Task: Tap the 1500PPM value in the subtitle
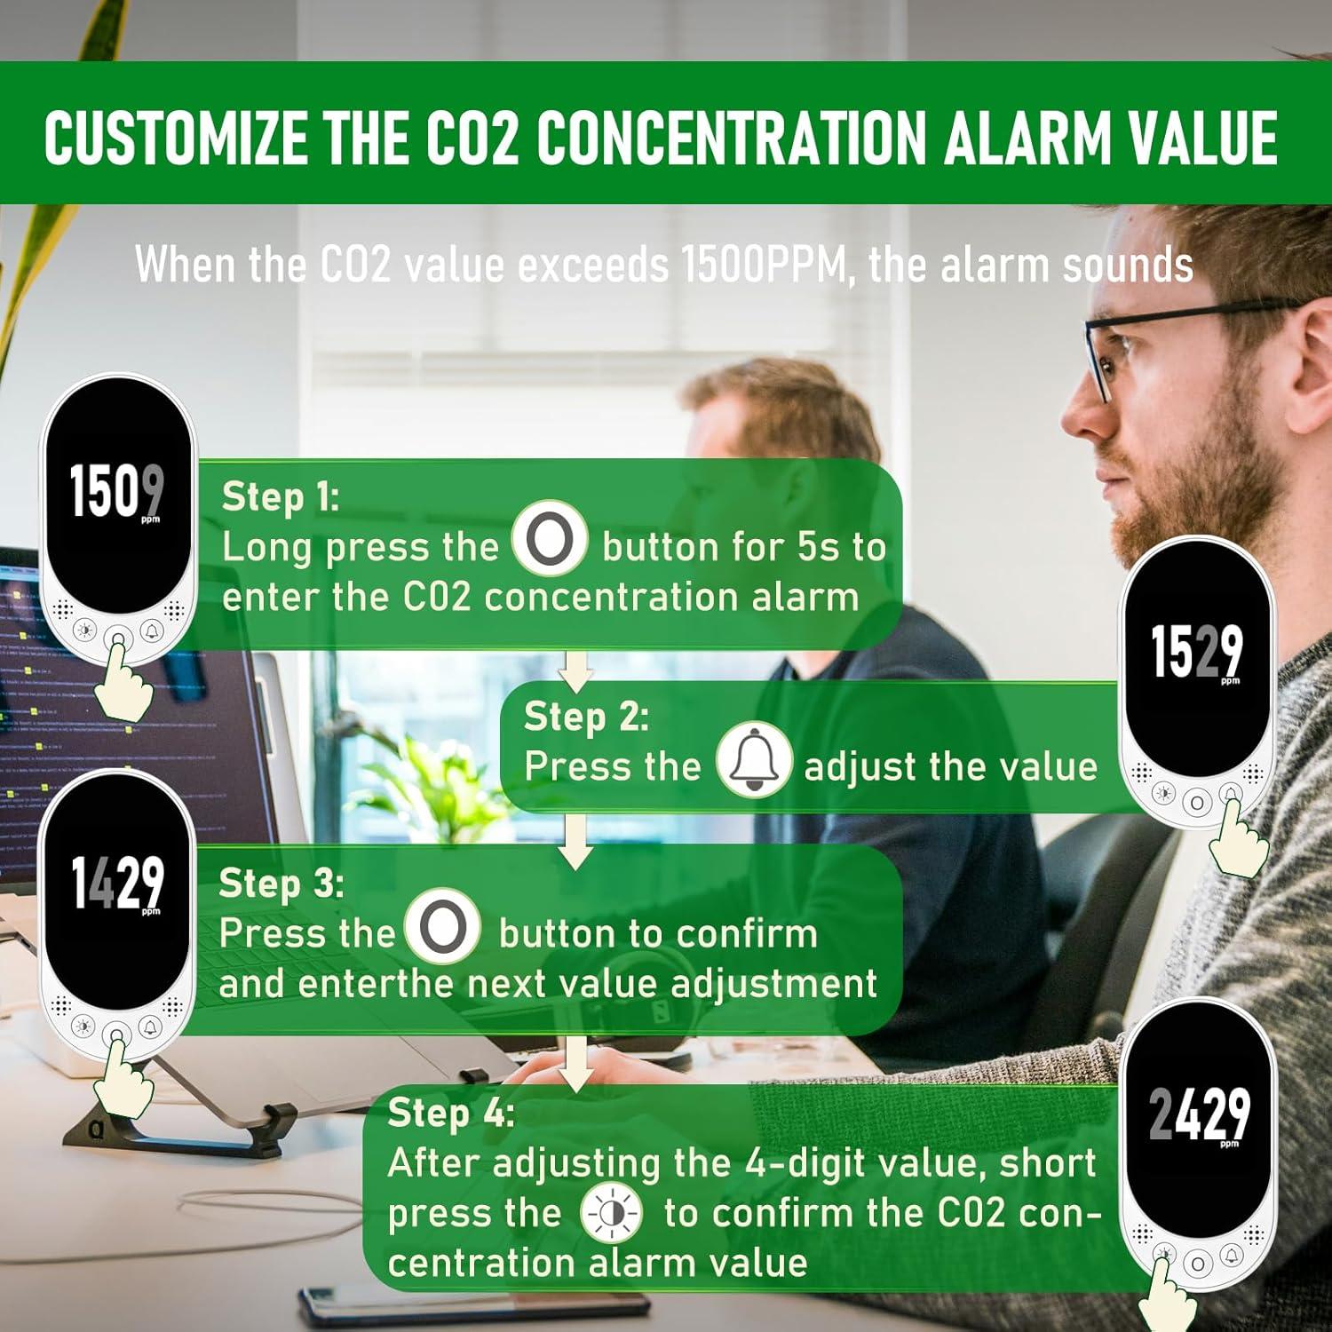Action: point(763,264)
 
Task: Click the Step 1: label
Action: point(280,497)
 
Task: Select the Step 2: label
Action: point(586,717)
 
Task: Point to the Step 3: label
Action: point(281,884)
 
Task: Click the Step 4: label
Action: point(450,1113)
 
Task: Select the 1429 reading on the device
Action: point(117,883)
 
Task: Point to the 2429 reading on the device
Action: point(1199,1114)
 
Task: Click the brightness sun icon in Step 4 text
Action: point(611,1214)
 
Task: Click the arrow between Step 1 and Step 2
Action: point(575,670)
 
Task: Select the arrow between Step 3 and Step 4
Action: point(576,1063)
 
